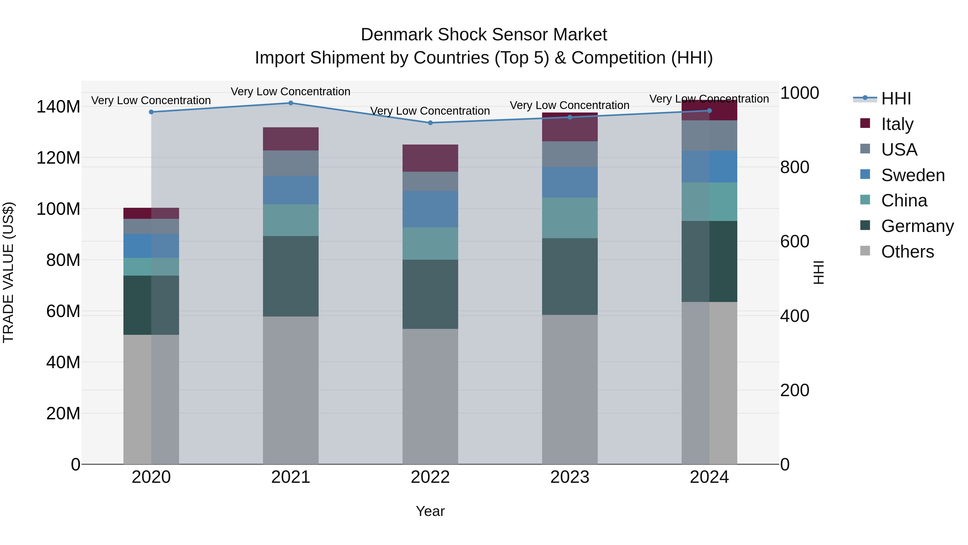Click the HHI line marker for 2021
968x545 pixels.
click(x=290, y=103)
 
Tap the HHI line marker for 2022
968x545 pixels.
click(x=430, y=123)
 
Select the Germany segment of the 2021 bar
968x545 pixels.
click(x=290, y=276)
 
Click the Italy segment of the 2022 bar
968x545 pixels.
click(x=430, y=158)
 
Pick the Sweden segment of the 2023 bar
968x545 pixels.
click(x=570, y=182)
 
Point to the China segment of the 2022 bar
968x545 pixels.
click(x=430, y=243)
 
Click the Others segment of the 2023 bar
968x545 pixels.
click(x=570, y=389)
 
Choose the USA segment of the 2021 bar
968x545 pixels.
click(x=290, y=163)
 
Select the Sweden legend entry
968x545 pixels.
click(x=912, y=175)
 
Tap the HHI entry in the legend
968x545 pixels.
click(x=896, y=99)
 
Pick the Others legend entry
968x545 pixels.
click(x=907, y=252)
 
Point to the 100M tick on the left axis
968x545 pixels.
click(x=58, y=209)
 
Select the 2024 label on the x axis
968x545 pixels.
click(x=709, y=477)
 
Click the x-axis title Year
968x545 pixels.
click(x=430, y=511)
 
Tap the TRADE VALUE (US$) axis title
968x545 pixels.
click(x=8, y=272)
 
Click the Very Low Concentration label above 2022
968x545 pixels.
click(x=430, y=111)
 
